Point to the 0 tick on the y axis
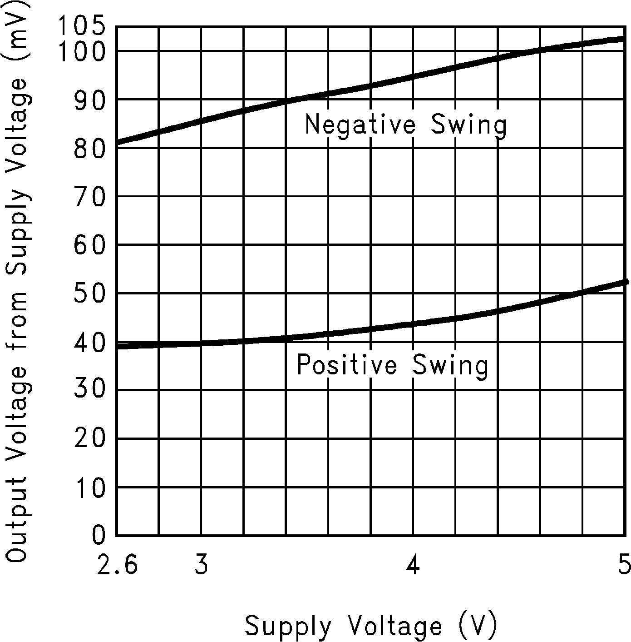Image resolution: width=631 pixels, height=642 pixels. click(x=99, y=536)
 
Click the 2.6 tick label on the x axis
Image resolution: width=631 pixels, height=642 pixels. click(x=117, y=565)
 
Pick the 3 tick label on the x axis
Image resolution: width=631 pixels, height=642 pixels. click(x=202, y=565)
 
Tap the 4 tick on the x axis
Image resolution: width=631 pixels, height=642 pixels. click(x=413, y=565)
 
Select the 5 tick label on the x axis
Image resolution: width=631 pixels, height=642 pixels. click(x=624, y=565)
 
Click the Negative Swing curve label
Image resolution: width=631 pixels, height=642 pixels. click(x=405, y=124)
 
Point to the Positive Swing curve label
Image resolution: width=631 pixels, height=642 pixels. click(x=393, y=365)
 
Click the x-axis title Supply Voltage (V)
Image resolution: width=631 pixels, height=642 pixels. click(x=371, y=626)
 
